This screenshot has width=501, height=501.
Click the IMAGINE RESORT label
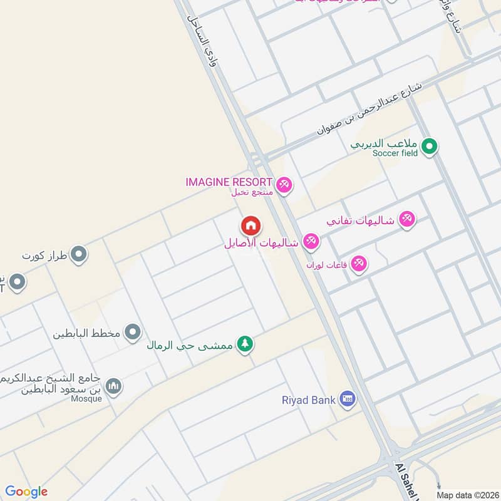click(229, 182)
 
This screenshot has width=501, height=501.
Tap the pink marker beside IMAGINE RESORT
click(284, 184)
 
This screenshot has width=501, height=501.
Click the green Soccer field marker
click(429, 147)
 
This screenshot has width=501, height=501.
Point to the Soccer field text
click(394, 153)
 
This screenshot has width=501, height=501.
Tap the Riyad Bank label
click(309, 399)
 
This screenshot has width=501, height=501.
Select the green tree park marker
click(245, 344)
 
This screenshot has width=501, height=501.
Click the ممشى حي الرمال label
click(189, 344)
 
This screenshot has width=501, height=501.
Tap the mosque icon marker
click(113, 386)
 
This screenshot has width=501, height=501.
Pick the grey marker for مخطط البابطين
click(132, 332)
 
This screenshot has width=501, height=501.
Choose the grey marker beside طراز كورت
click(79, 254)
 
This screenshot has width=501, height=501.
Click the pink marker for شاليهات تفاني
click(407, 219)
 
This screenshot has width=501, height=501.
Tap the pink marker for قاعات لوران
click(359, 264)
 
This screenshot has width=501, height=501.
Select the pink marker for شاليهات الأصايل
click(311, 241)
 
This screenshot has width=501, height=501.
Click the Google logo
click(26, 491)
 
